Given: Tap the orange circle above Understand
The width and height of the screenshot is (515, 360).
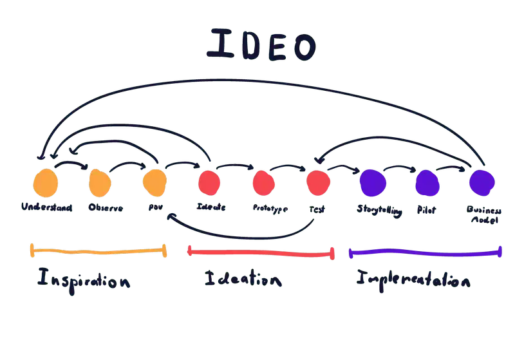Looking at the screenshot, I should click(46, 183).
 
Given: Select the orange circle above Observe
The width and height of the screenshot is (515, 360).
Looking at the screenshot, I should click(100, 183).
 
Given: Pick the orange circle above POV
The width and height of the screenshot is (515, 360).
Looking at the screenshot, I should click(154, 183).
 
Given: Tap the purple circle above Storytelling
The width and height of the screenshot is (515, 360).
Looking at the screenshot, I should click(373, 182).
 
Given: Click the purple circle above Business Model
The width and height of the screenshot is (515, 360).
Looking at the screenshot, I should click(482, 182).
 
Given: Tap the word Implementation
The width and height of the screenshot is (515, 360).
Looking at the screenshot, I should click(414, 280).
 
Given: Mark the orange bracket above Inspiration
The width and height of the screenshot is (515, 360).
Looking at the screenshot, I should click(98, 251).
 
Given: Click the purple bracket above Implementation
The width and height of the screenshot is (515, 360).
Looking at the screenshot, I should click(425, 253).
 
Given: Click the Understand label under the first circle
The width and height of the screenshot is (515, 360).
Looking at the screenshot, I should click(46, 208).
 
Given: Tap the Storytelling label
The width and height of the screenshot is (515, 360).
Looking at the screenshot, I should click(379, 210).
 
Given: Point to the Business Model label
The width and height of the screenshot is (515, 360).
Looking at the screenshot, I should click(483, 214).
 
